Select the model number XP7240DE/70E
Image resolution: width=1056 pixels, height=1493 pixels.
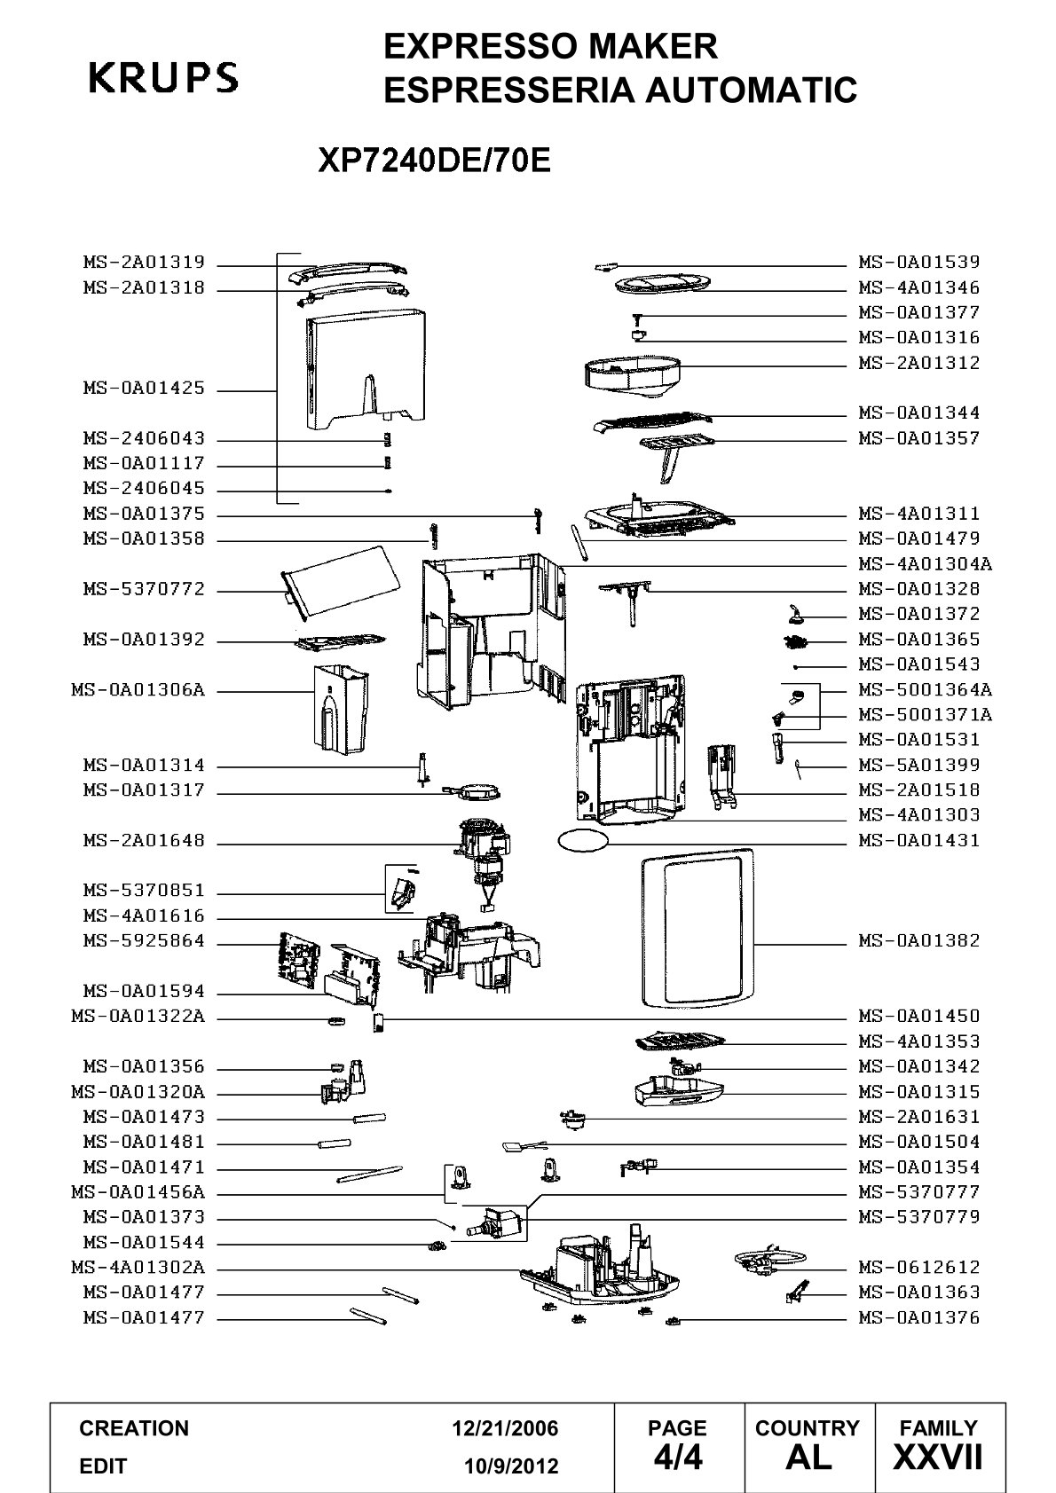point(435,160)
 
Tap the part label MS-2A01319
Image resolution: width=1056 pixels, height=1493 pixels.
point(144,262)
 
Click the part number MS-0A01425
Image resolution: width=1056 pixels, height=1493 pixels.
point(144,388)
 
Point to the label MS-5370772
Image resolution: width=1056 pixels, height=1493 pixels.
point(144,589)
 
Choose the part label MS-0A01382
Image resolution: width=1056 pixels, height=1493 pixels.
point(919,940)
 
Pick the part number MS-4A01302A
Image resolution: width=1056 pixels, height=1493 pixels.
point(138,1267)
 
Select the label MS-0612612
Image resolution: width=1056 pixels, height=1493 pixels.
point(919,1267)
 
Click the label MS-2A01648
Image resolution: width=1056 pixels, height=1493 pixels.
point(144,840)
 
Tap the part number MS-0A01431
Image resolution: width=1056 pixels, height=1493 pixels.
point(919,840)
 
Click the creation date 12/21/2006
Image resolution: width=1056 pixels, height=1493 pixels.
point(505,1428)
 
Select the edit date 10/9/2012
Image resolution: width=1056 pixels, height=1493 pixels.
point(511,1466)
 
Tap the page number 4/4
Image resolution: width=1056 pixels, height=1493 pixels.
point(678,1458)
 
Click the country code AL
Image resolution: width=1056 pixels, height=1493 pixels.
point(808,1458)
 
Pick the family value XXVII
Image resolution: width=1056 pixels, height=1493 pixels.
point(938,1458)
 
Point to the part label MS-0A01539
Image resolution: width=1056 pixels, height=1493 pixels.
point(919,262)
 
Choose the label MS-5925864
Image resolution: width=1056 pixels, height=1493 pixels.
point(144,941)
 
